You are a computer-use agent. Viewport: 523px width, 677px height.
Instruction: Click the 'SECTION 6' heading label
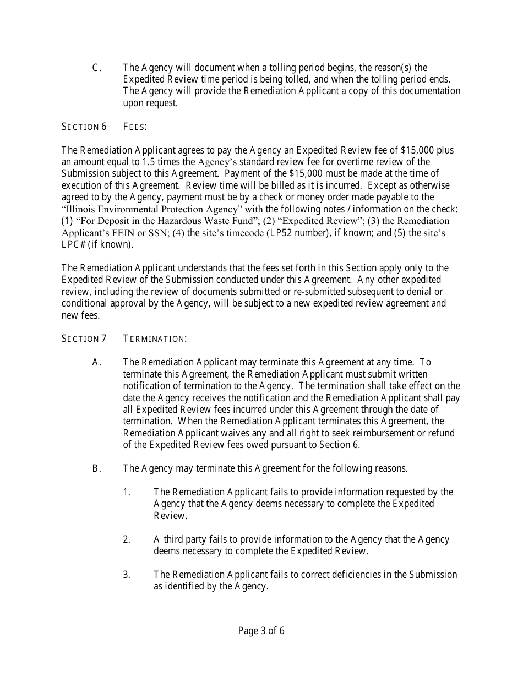pos(84,127)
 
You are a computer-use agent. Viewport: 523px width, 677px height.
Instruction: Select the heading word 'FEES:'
pos(135,127)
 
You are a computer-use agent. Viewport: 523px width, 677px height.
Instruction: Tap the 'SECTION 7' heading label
pos(84,338)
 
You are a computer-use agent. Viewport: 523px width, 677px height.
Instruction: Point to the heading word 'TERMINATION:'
pos(155,338)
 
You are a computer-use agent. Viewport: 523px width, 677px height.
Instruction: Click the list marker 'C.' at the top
pos(97,68)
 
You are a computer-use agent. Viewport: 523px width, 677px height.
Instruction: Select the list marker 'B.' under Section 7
pos(97,468)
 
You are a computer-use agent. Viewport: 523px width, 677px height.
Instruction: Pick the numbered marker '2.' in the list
pos(127,539)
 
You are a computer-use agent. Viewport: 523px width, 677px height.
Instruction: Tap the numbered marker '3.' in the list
pos(127,575)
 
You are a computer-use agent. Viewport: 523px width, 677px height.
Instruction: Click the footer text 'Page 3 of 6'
pos(261,631)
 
